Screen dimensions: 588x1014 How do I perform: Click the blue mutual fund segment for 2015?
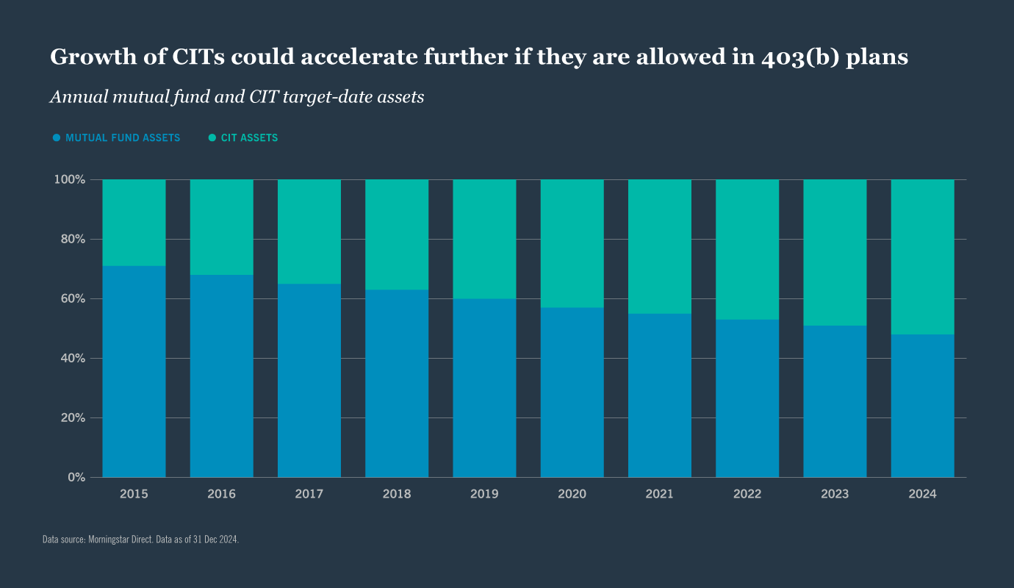(134, 371)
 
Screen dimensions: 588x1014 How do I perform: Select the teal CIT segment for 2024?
(922, 257)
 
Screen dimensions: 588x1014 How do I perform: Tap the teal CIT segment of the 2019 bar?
(484, 239)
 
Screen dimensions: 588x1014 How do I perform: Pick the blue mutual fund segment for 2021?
(659, 395)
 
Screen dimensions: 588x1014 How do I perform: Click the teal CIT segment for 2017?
(309, 232)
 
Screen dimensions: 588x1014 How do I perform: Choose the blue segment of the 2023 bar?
(835, 401)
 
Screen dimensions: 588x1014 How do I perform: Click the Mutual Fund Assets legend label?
(123, 138)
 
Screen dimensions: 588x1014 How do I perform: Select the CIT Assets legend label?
(249, 138)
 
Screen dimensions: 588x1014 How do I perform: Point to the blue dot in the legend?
(57, 138)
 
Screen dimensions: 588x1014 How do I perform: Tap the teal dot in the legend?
(212, 138)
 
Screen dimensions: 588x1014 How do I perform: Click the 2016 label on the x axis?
(221, 494)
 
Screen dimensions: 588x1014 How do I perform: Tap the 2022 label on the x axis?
(747, 494)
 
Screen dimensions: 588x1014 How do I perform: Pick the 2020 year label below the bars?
(572, 494)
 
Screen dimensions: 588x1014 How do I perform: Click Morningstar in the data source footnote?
(109, 539)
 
